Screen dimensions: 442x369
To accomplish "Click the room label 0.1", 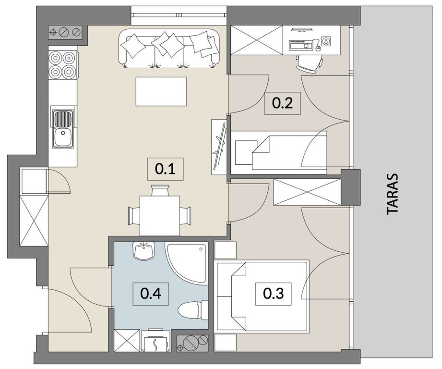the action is pyautogui.click(x=165, y=169).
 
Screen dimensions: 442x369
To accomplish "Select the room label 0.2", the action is pyautogui.click(x=283, y=103).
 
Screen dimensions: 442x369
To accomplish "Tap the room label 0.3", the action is pyautogui.click(x=274, y=294).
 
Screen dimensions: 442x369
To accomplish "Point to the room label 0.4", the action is pyautogui.click(x=151, y=294).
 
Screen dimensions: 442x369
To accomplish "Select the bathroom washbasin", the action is pyautogui.click(x=144, y=250).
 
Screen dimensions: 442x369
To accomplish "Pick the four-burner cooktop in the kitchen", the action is pyautogui.click(x=62, y=64).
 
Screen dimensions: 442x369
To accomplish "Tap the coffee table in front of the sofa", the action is pyautogui.click(x=161, y=91).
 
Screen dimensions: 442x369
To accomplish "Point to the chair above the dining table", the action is pyautogui.click(x=160, y=190).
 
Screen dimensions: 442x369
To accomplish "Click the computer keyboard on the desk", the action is pyautogui.click(x=300, y=45).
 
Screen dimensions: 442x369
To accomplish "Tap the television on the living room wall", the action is pyautogui.click(x=220, y=147).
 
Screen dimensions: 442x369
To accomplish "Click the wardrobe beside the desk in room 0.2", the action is pyautogui.click(x=257, y=40).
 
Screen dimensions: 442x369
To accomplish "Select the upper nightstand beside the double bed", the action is pyautogui.click(x=225, y=250).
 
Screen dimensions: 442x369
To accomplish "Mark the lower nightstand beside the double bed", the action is pyautogui.click(x=225, y=343).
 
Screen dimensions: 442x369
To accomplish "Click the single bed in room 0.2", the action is pyautogui.click(x=281, y=152).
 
